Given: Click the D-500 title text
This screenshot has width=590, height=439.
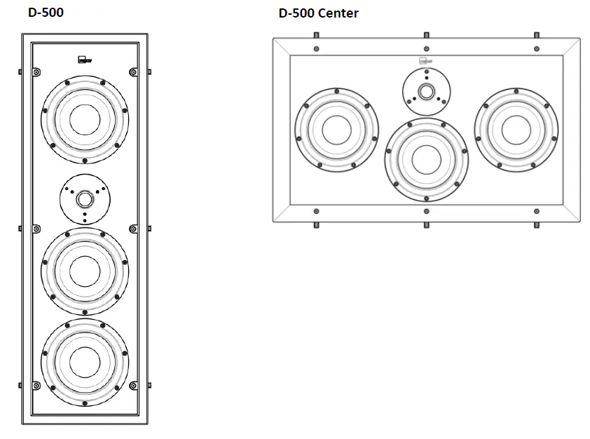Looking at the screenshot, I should [46, 12].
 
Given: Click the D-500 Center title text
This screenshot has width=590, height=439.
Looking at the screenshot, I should [319, 13].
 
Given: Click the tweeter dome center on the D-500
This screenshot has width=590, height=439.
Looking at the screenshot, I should [85, 198].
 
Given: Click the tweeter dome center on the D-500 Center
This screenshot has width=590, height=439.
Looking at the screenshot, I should [425, 90].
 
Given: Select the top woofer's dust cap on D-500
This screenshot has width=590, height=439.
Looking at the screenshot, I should [85, 116].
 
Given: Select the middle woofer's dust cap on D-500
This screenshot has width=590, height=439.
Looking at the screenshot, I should [85, 269].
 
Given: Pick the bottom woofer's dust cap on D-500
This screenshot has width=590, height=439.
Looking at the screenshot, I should [85, 360].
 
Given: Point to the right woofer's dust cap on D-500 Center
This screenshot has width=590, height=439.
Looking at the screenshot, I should [516, 130].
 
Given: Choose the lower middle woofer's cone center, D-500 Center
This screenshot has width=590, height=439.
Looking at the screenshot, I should [425, 158].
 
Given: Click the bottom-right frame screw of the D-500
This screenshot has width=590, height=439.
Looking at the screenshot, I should [132, 385].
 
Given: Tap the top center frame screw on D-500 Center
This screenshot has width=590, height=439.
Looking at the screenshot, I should [426, 49].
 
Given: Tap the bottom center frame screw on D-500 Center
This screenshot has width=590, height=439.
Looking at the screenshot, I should [426, 210].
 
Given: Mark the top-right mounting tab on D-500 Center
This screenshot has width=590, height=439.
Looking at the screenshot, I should [536, 34].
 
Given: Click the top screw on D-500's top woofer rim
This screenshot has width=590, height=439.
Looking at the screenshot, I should [85, 76].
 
